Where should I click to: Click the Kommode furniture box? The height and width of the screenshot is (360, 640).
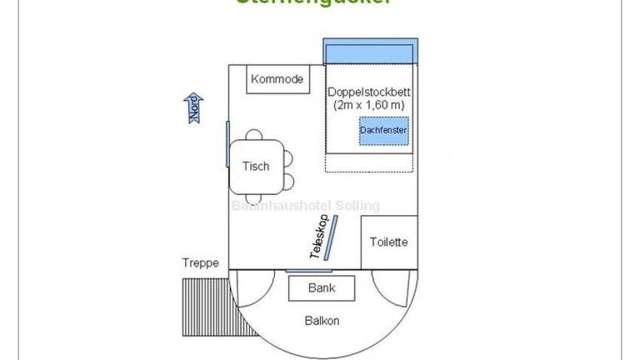pos(276,80)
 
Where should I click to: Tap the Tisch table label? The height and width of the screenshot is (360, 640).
pos(256,166)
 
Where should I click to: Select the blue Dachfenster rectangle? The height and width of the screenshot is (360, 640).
pos(384,131)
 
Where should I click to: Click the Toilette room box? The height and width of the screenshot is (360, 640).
pos(388,242)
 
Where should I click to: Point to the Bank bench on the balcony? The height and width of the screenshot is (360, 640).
pos(322,288)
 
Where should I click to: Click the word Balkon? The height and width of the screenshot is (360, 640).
pos(322,320)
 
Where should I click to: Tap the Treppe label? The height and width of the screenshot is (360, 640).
pos(201,263)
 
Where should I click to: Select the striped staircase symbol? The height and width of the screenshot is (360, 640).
pos(205,306)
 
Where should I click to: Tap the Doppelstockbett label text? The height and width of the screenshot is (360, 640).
pos(369,92)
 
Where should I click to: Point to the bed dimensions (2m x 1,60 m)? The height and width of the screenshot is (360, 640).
pos(369,105)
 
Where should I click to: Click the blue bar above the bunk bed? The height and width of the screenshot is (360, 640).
pos(370,52)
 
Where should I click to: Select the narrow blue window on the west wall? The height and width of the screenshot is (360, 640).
pos(228,143)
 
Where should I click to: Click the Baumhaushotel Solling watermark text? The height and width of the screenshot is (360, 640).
pos(305,206)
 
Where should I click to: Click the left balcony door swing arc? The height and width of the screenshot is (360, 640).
pos(252,292)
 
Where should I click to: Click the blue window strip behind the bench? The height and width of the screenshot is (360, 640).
pos(307,270)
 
